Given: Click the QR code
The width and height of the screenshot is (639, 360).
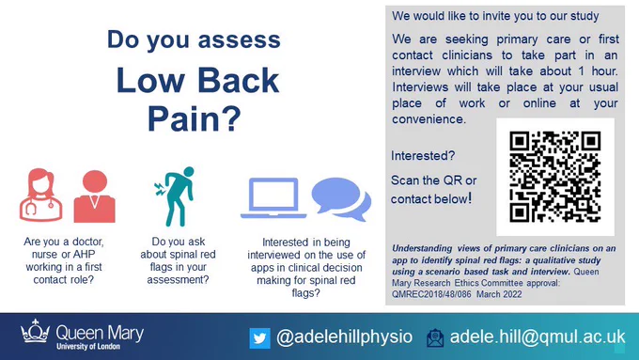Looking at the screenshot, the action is coord(555,177).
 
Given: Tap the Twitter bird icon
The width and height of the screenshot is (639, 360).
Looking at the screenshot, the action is coord(259,338).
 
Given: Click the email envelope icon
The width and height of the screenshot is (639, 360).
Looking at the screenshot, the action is coord(435,338).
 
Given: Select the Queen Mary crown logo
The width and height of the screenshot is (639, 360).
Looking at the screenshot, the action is coord(36,330).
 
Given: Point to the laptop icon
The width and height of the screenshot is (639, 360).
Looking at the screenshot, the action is coord(273,198).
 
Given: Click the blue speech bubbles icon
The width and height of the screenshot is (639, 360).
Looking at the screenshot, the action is coord(341,199).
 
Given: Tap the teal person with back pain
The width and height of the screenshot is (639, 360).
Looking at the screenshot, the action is coord(175,196).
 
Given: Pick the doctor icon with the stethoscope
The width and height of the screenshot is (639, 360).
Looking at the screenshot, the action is coord(40,195).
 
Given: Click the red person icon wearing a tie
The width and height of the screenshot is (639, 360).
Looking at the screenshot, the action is coord(95,196).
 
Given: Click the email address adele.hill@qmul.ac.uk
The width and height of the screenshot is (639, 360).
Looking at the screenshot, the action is coord(538,337).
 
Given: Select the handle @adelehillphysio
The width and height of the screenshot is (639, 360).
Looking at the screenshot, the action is coord(344,337).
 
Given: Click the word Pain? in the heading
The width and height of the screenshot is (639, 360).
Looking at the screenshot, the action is coord(195,118).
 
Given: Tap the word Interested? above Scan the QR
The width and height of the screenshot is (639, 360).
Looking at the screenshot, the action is coord(423,156).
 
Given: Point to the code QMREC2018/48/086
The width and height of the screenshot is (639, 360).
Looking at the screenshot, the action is coord(431,294).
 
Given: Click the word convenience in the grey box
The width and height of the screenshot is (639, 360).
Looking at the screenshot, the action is coord(428,119).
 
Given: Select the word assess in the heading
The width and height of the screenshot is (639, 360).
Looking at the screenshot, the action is coord(240,40).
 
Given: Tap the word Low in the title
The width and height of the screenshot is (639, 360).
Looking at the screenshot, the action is coord(150,80).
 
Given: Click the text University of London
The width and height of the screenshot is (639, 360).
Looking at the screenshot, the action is coord(88,347).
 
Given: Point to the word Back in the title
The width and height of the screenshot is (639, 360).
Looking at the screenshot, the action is coord(239,80).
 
